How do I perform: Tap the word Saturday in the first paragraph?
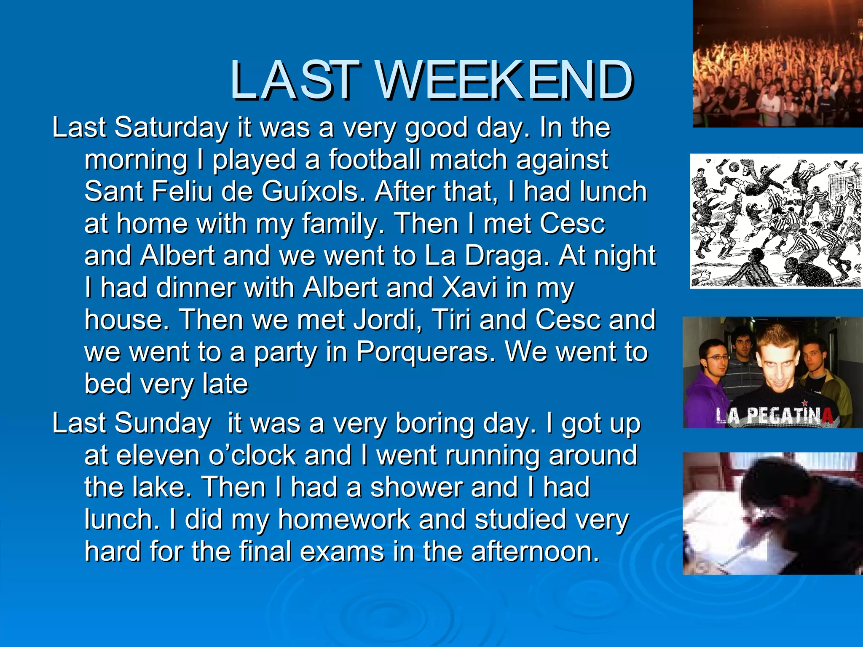pos(172,127)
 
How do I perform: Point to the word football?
pos(375,160)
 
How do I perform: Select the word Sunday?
pos(163,423)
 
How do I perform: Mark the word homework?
pos(344,519)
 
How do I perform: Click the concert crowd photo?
pos(778,63)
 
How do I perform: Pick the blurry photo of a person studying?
pos(773,513)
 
